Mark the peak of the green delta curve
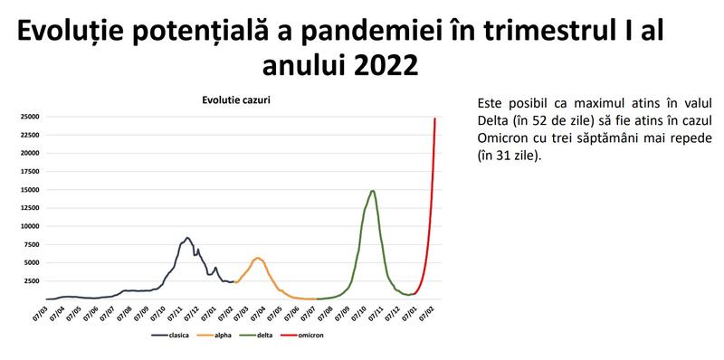click(x=372, y=191)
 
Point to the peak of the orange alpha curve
click(x=258, y=258)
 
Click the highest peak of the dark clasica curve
click(x=186, y=238)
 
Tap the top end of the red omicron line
click(x=435, y=118)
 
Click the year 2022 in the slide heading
click(x=380, y=65)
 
